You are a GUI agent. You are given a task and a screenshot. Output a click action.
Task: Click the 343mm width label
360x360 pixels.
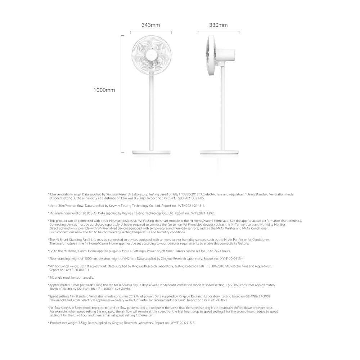[x=150, y=25]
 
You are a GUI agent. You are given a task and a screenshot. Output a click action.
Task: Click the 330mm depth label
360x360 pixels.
[x=218, y=25]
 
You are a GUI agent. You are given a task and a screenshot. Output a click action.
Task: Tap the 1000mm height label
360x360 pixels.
[x=104, y=90]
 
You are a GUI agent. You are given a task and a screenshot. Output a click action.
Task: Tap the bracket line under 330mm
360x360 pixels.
[x=218, y=32]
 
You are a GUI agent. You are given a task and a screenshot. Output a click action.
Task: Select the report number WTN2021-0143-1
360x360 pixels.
[x=191, y=206]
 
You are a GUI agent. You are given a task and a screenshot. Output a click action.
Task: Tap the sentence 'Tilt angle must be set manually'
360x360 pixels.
[x=71, y=277]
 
